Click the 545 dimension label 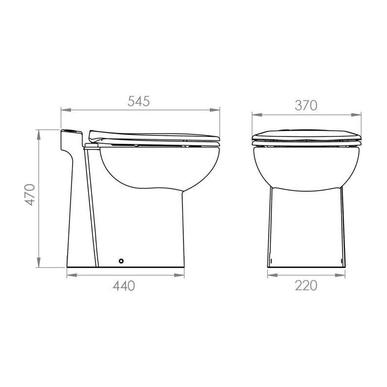(x=138, y=101)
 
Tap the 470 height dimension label (x=30, y=195)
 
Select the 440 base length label (x=124, y=286)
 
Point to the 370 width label (x=306, y=105)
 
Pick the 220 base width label (x=306, y=286)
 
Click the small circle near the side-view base (x=121, y=261)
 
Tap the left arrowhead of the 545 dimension (x=66, y=110)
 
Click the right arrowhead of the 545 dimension (x=215, y=110)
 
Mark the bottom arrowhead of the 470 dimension (x=39, y=262)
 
